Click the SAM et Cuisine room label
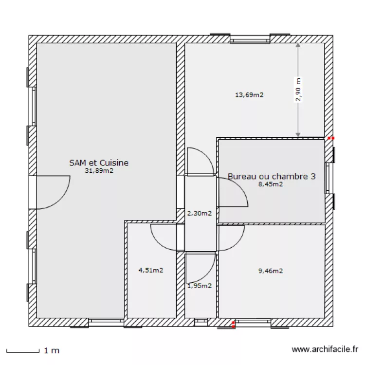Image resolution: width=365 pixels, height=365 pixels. [x=99, y=163]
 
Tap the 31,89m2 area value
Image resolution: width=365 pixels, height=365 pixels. [x=99, y=171]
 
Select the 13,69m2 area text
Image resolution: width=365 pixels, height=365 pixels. [x=249, y=95]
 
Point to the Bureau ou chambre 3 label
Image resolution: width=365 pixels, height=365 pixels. [x=272, y=176]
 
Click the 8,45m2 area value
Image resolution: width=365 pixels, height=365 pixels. [x=271, y=184]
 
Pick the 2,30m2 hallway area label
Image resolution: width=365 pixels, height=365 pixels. [x=200, y=213]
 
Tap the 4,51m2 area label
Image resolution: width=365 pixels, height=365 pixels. [x=151, y=270]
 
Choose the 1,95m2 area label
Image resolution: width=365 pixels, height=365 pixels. [x=200, y=286]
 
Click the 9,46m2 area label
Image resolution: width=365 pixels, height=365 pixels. [x=271, y=271]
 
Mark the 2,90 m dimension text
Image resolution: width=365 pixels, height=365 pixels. [x=298, y=90]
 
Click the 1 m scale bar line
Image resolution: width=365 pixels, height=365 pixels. [x=23, y=351]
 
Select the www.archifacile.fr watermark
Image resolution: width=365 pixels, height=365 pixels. [x=325, y=349]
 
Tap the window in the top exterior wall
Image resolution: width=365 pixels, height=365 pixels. [x=250, y=39]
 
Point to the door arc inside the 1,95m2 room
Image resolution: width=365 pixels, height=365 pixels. [x=209, y=274]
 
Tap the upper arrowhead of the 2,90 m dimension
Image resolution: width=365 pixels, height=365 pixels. [x=298, y=45]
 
